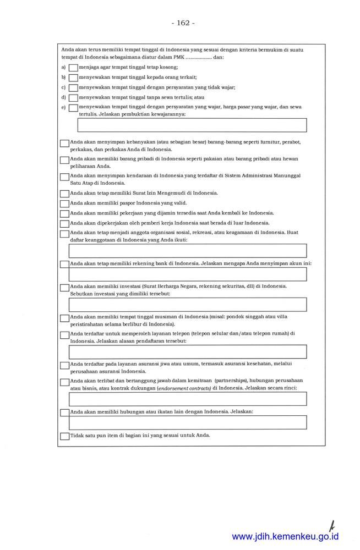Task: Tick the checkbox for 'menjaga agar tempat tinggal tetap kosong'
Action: pyautogui.click(x=73, y=68)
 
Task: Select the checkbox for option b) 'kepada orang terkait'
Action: pyautogui.click(x=73, y=78)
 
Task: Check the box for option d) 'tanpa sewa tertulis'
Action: pyautogui.click(x=73, y=97)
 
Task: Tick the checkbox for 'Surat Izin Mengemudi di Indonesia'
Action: pyautogui.click(x=64, y=194)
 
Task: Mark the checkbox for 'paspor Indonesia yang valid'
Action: pyautogui.click(x=64, y=204)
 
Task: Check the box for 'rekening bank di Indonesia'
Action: pyautogui.click(x=64, y=264)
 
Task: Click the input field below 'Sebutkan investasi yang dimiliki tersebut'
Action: pyautogui.click(x=187, y=305)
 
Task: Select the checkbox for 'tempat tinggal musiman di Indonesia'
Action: pyautogui.click(x=64, y=318)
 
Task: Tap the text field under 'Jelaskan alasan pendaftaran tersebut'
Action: pyautogui.click(x=187, y=352)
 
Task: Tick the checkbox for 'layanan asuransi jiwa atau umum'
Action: pyautogui.click(x=64, y=365)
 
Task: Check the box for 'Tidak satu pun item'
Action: pyautogui.click(x=64, y=436)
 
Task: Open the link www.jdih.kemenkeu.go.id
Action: pyautogui.click(x=285, y=536)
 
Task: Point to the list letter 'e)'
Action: pyautogui.click(x=63, y=107)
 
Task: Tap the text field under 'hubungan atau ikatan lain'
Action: pyautogui.click(x=187, y=422)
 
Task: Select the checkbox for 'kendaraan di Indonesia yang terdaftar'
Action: pyautogui.click(x=64, y=177)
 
